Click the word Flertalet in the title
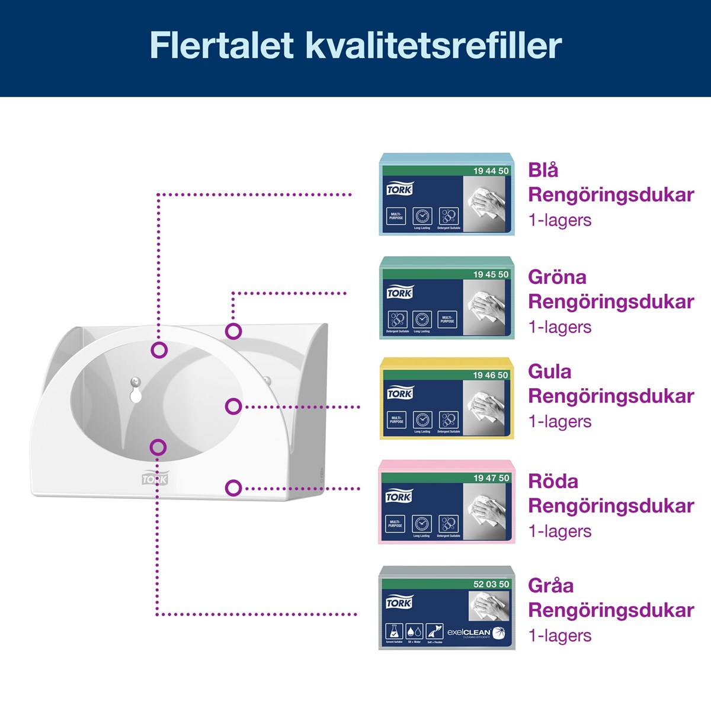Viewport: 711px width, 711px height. click(x=222, y=45)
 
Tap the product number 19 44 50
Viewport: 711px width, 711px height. click(x=491, y=171)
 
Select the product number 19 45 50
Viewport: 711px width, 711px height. click(x=491, y=274)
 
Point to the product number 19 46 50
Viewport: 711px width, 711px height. click(x=491, y=375)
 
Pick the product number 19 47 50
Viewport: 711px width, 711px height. click(x=491, y=478)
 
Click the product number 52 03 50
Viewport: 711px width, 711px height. click(x=491, y=584)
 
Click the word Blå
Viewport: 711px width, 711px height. click(x=543, y=170)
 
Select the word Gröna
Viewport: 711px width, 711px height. click(x=557, y=277)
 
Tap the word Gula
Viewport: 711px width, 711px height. click(x=550, y=371)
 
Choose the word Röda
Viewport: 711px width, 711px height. click(x=553, y=481)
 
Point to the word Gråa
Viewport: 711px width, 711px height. click(x=551, y=585)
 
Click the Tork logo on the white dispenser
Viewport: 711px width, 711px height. click(x=155, y=479)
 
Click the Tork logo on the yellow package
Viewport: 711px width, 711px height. click(x=399, y=394)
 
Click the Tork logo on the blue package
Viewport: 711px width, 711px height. click(x=399, y=190)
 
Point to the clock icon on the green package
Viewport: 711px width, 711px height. click(x=422, y=320)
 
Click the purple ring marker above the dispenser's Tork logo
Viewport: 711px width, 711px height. click(x=158, y=447)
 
